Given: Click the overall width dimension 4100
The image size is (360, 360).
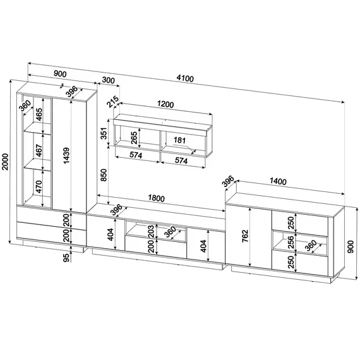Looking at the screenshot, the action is click(x=185, y=78).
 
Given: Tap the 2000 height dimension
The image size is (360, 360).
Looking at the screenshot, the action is click(x=5, y=162).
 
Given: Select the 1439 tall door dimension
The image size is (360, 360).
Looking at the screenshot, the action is click(x=66, y=155).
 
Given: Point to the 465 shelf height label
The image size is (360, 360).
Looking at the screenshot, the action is click(x=39, y=114).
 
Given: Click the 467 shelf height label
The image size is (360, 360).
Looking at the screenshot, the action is click(x=39, y=150).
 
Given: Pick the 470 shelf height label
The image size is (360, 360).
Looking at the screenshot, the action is click(x=39, y=187).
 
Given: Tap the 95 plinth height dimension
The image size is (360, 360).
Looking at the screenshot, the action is click(x=66, y=258).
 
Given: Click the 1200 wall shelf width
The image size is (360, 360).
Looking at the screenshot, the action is click(x=165, y=104).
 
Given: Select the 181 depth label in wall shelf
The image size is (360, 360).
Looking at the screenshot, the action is click(x=179, y=140).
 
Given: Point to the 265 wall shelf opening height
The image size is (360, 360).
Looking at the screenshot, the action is click(x=134, y=138).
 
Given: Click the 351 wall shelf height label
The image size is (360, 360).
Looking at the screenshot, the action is click(x=104, y=133).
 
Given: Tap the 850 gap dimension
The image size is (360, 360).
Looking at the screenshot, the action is click(x=104, y=175).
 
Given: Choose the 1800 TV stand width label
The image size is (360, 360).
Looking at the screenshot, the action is click(x=157, y=198).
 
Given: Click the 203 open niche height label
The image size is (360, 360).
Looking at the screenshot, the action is click(x=151, y=231).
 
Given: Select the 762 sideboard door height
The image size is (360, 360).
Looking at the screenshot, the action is click(x=245, y=236).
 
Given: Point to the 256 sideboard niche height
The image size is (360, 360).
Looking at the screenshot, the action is click(x=291, y=242).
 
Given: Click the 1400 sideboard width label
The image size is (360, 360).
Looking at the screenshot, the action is click(x=278, y=181).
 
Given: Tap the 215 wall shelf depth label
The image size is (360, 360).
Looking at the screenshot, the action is click(x=113, y=102).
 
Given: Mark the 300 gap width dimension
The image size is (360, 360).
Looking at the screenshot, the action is click(x=108, y=80).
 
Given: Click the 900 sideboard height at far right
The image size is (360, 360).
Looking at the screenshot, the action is click(x=351, y=247).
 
